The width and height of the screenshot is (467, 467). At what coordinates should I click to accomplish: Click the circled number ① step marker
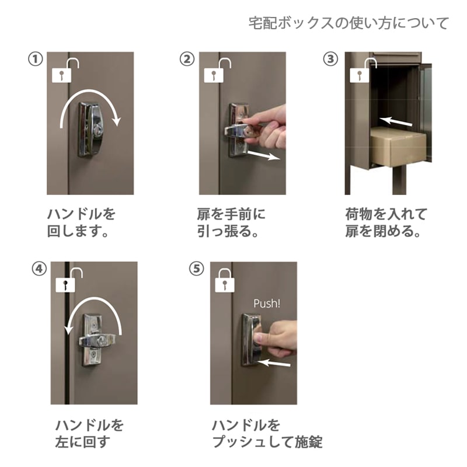click(x=36, y=59)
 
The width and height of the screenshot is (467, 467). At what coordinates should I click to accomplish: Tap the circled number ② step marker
click(x=187, y=59)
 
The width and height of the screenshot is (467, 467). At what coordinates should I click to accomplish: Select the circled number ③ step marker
click(x=330, y=59)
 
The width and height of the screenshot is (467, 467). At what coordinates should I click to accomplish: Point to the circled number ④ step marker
click(x=39, y=269)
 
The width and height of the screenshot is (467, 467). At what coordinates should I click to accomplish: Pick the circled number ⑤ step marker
click(x=197, y=269)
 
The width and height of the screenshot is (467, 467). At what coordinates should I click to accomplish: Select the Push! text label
click(x=267, y=304)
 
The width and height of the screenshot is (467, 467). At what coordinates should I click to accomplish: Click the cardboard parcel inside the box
click(x=399, y=147)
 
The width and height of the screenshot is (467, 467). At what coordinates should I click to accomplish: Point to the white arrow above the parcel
click(x=396, y=121)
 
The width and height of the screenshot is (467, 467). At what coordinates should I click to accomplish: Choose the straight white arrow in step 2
click(x=264, y=155)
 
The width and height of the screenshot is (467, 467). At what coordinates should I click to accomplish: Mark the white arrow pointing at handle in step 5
click(x=273, y=363)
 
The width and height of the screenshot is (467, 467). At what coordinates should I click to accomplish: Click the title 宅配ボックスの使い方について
click(x=348, y=23)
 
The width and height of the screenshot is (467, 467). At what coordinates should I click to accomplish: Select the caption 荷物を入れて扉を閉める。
click(x=386, y=222)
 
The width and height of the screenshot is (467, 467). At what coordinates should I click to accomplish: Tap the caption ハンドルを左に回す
click(x=89, y=433)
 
